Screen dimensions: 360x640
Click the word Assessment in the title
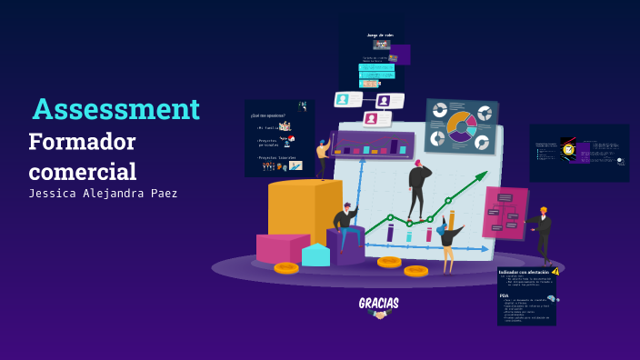[x=115, y=109]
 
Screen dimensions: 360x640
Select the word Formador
[x=82, y=143]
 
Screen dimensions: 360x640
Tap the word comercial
[x=82, y=172]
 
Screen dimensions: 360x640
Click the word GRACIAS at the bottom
[x=378, y=303]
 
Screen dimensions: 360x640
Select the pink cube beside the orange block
[x=280, y=247]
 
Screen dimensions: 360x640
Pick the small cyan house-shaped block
[x=315, y=255]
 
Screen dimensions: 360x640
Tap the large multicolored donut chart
[x=462, y=126]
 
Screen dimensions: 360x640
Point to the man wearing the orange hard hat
[x=543, y=232]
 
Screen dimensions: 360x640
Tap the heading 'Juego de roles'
[x=379, y=35]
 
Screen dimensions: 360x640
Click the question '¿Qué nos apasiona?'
[x=267, y=115]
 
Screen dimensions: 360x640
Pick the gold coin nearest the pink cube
[x=286, y=267]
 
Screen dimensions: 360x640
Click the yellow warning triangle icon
[x=555, y=271]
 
